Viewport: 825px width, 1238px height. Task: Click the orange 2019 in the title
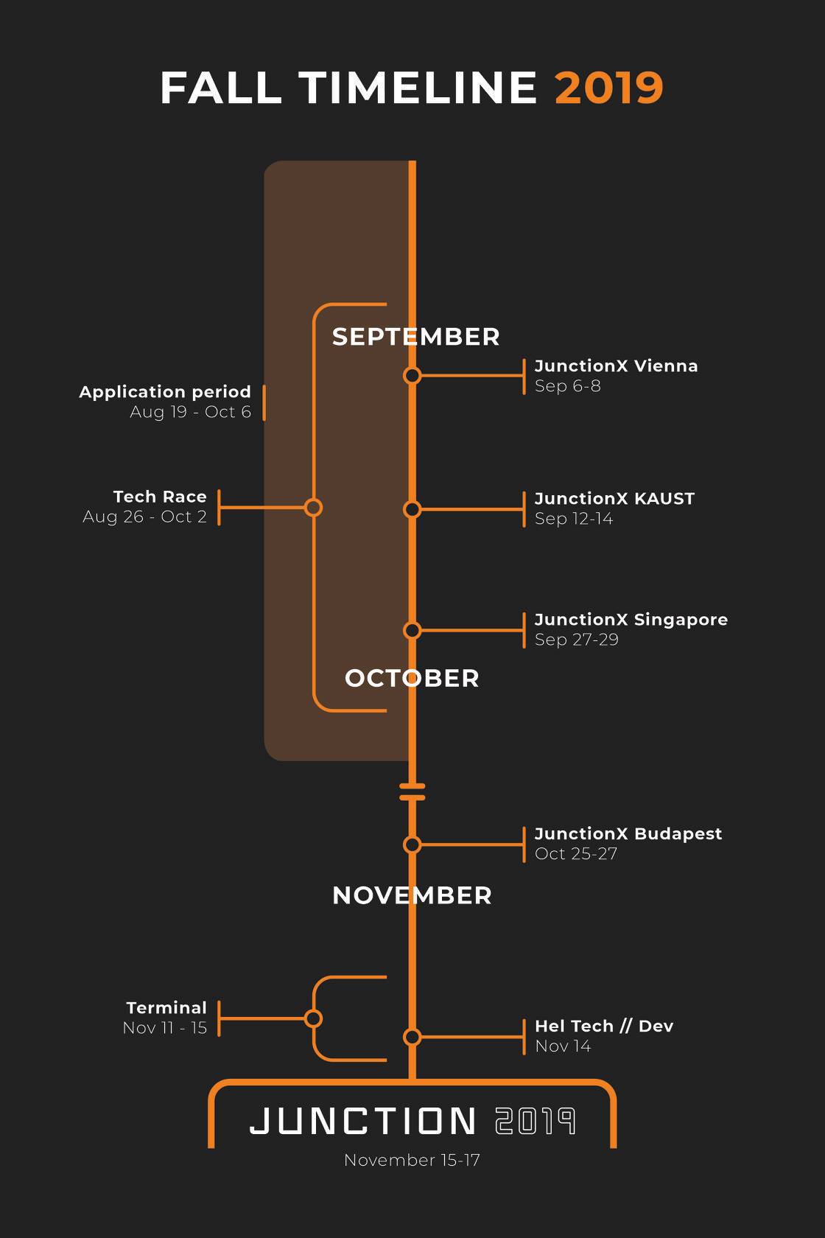609,87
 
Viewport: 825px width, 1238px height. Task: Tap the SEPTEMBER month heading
415,337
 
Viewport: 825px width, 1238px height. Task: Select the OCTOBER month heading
412,678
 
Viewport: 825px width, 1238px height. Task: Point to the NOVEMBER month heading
412,895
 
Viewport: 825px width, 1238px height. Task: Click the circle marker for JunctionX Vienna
412,376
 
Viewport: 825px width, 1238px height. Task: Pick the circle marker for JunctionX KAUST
412,509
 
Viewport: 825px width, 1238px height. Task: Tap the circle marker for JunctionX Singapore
412,630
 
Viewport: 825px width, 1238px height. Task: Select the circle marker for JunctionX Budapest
412,844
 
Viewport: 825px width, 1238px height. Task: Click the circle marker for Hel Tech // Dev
412,1037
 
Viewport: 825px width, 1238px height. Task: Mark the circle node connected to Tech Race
313,507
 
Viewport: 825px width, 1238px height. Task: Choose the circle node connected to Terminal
313,1018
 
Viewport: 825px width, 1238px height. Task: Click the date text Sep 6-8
567,386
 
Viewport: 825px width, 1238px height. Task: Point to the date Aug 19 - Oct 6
191,412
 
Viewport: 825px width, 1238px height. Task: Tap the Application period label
165,392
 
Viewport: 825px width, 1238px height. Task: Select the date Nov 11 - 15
165,1028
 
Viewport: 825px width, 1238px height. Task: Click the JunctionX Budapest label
628,833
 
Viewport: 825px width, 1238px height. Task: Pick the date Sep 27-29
576,640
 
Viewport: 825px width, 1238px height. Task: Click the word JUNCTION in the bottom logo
363,1121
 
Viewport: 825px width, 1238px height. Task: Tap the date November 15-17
412,1160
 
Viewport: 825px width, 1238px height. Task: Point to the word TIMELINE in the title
418,87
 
